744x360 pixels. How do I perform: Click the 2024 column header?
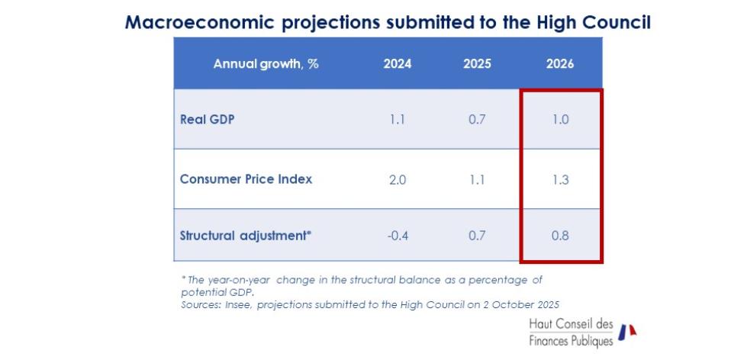(x=397, y=64)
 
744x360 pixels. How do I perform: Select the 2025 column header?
(x=477, y=64)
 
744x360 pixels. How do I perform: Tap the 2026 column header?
(x=560, y=64)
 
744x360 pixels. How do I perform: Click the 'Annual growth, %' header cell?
(x=266, y=64)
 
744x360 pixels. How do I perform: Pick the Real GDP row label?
(x=207, y=120)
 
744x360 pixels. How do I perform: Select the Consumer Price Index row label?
(x=246, y=180)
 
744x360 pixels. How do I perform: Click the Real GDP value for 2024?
(x=397, y=120)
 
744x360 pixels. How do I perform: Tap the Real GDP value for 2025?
(x=477, y=120)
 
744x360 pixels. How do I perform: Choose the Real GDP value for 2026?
(x=560, y=120)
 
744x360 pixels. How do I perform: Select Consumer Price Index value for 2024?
(x=397, y=180)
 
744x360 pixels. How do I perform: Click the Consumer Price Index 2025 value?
(x=477, y=180)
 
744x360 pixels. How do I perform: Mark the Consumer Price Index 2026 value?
(x=560, y=180)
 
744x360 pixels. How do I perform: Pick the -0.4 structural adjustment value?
(x=397, y=236)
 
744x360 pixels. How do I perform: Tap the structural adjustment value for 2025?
(x=477, y=236)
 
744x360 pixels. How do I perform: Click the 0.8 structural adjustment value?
(x=560, y=236)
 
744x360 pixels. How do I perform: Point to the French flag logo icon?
(x=627, y=331)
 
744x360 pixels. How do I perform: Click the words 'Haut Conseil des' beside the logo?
(x=571, y=324)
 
